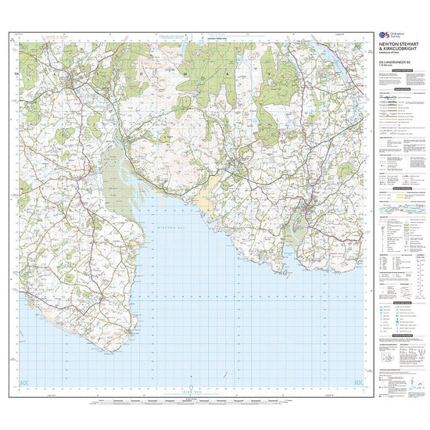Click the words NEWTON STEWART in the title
[395, 44]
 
